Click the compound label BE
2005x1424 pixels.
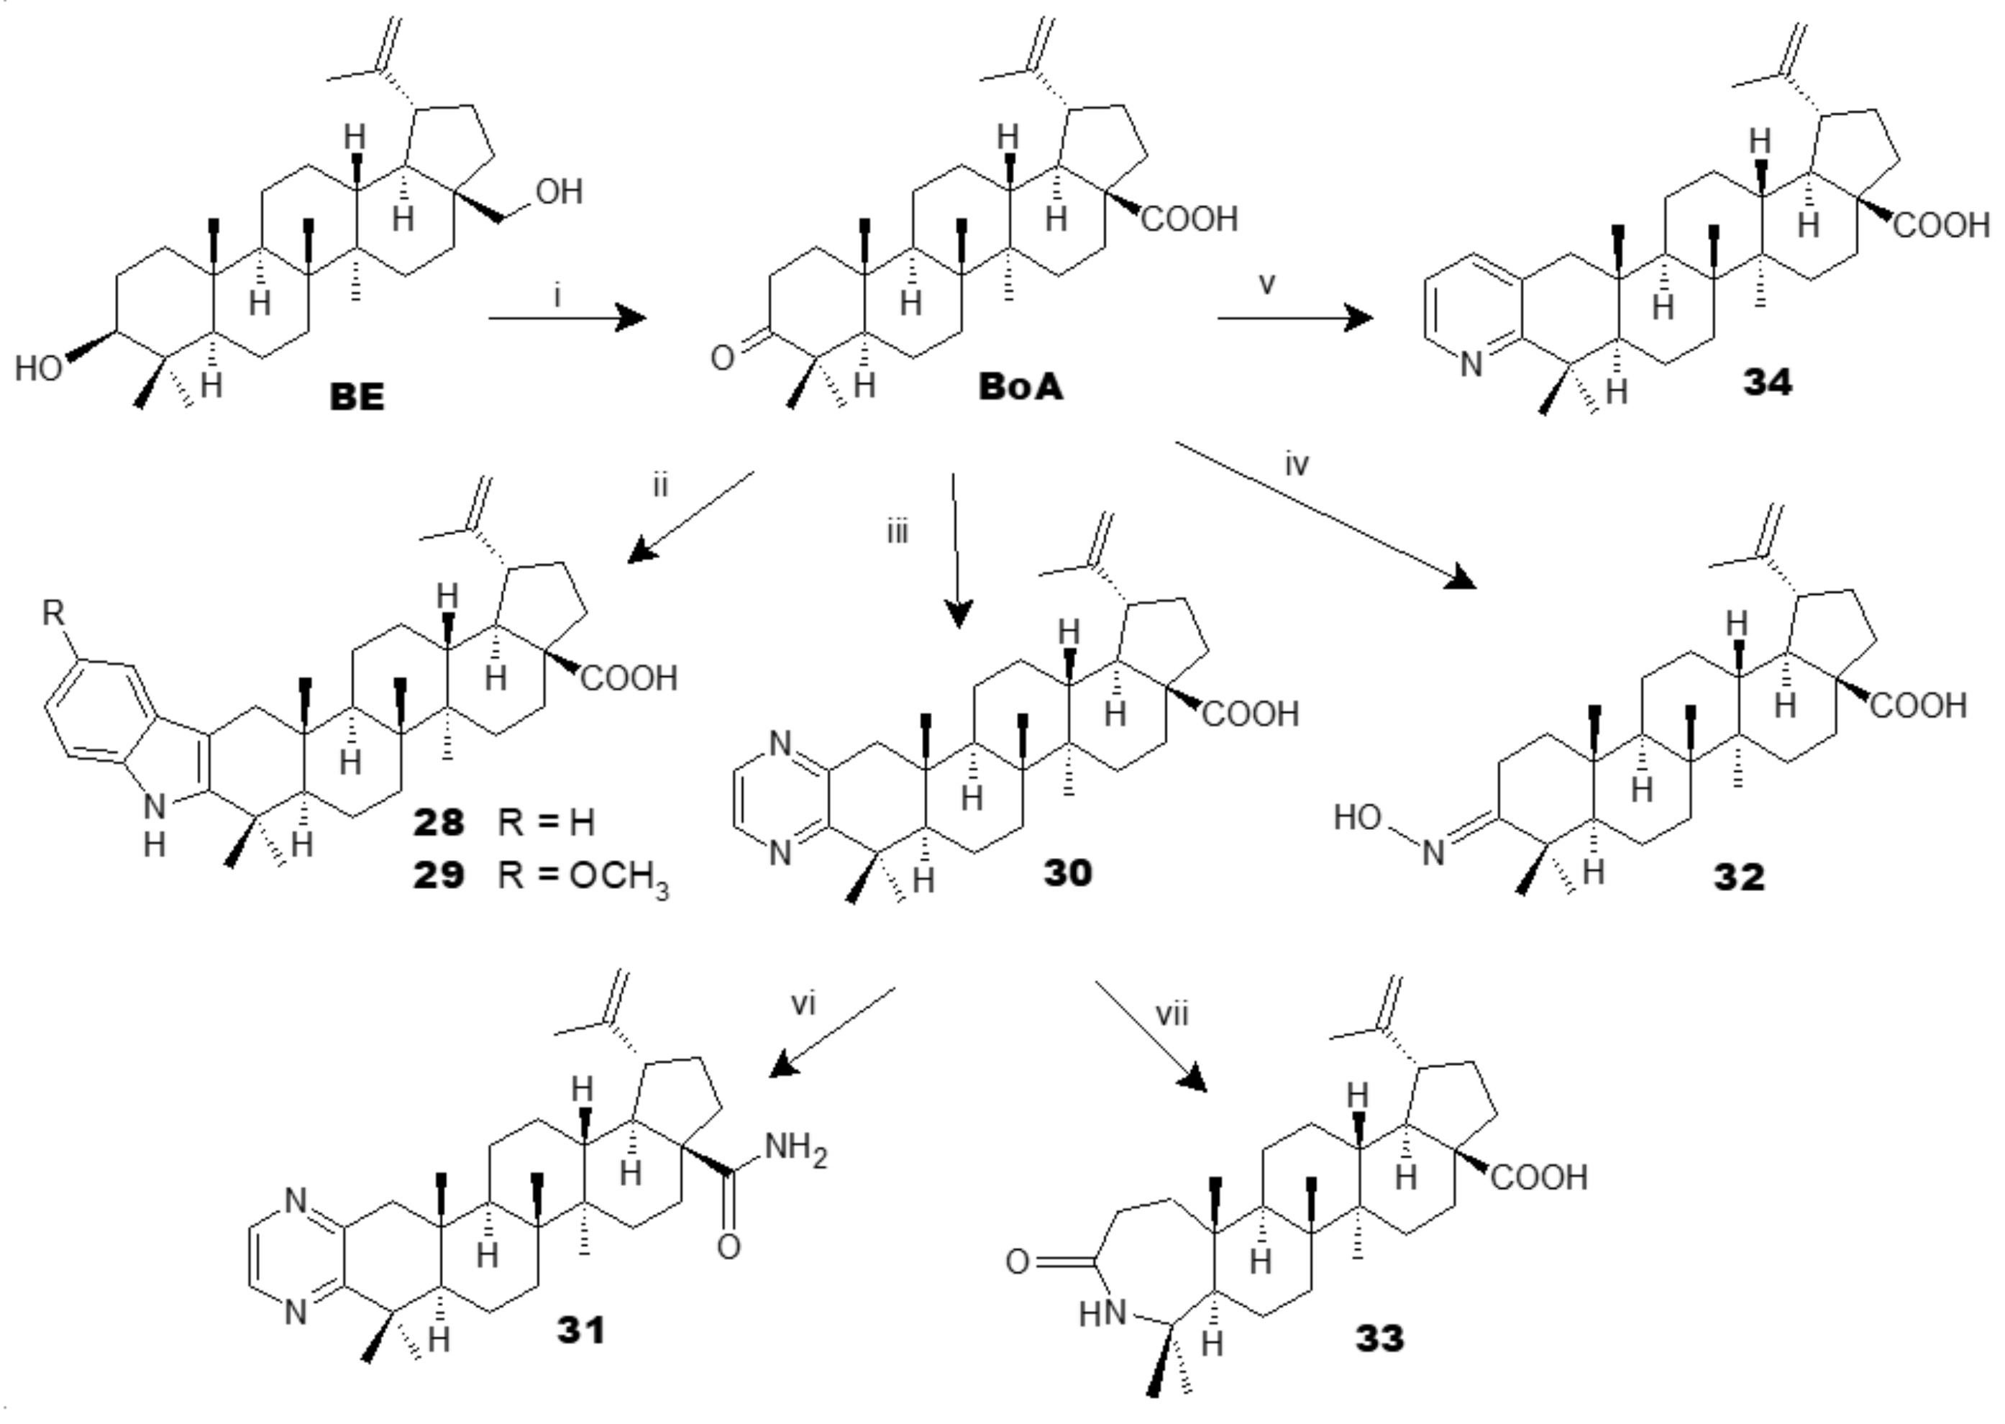tap(357, 397)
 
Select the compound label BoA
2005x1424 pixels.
tap(1020, 387)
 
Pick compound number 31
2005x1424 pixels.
tap(581, 1331)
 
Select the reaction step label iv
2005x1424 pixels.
tap(1297, 465)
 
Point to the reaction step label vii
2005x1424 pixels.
tap(1173, 1015)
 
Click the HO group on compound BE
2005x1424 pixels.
tap(39, 369)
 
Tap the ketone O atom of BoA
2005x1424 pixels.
tap(721, 359)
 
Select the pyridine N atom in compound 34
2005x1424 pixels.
tap(1471, 363)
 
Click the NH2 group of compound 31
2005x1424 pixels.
tap(795, 1148)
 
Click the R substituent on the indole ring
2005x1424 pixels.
tap(53, 613)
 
